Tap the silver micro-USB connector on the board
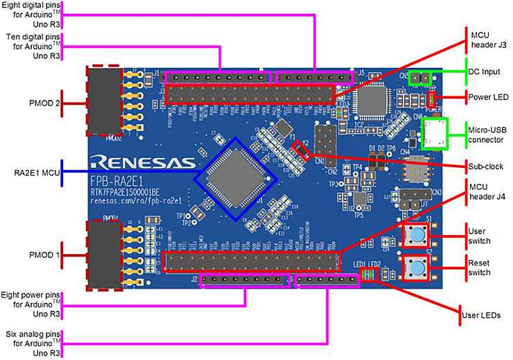click(437, 130)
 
